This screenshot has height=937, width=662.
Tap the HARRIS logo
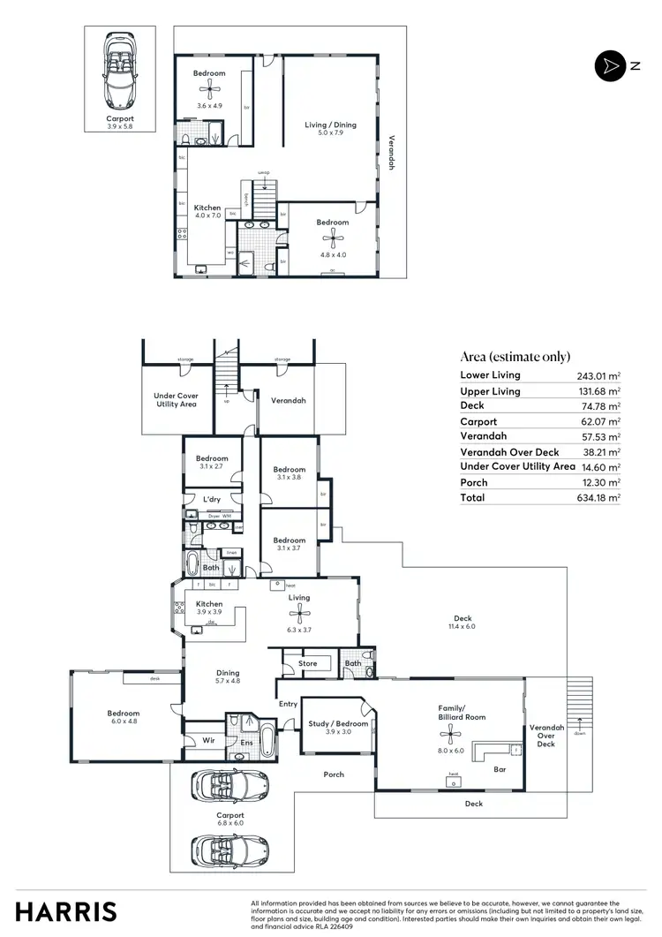point(66,911)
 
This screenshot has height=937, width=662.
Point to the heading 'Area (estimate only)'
point(515,357)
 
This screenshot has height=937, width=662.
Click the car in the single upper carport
point(120,70)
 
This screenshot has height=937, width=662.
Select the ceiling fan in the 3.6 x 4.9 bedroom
point(209,87)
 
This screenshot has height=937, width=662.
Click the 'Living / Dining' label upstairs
point(331,125)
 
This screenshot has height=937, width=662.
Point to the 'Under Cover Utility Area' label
point(177,399)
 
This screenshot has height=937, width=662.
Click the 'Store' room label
point(307,662)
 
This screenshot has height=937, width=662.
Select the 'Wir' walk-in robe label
point(208,740)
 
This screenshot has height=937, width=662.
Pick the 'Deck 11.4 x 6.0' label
point(463,623)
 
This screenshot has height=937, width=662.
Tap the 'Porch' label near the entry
point(334,775)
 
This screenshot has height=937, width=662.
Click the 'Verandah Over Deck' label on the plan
point(546,735)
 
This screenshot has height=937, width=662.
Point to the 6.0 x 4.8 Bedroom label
point(124,716)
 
